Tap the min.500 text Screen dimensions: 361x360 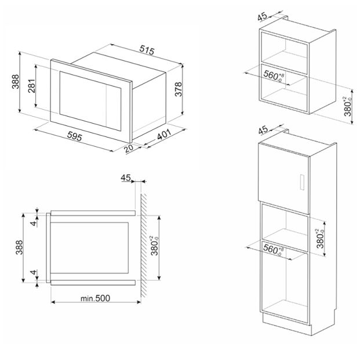coord(95,298)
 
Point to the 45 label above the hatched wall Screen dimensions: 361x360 coord(126,178)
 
